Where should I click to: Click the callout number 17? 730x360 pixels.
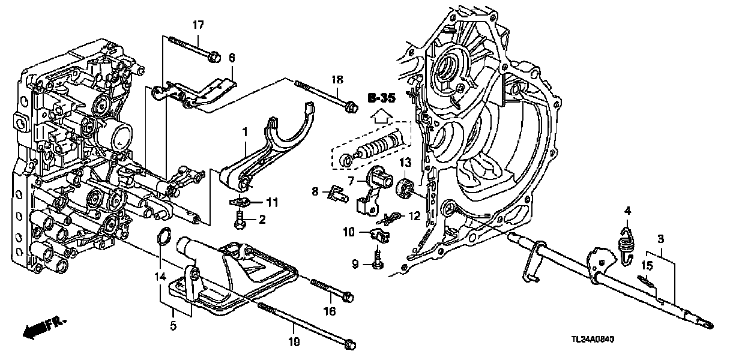pyautogui.click(x=198, y=25)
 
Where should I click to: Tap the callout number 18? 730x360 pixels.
pyautogui.click(x=337, y=80)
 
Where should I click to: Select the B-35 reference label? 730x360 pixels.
pyautogui.click(x=382, y=97)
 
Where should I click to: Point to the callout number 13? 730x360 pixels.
pyautogui.click(x=406, y=163)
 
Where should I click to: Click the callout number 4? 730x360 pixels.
pyautogui.click(x=628, y=210)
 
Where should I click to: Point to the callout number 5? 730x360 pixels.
pyautogui.click(x=173, y=327)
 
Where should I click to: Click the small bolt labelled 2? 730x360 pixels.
pyautogui.click(x=240, y=221)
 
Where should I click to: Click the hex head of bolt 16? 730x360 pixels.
pyautogui.click(x=348, y=296)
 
